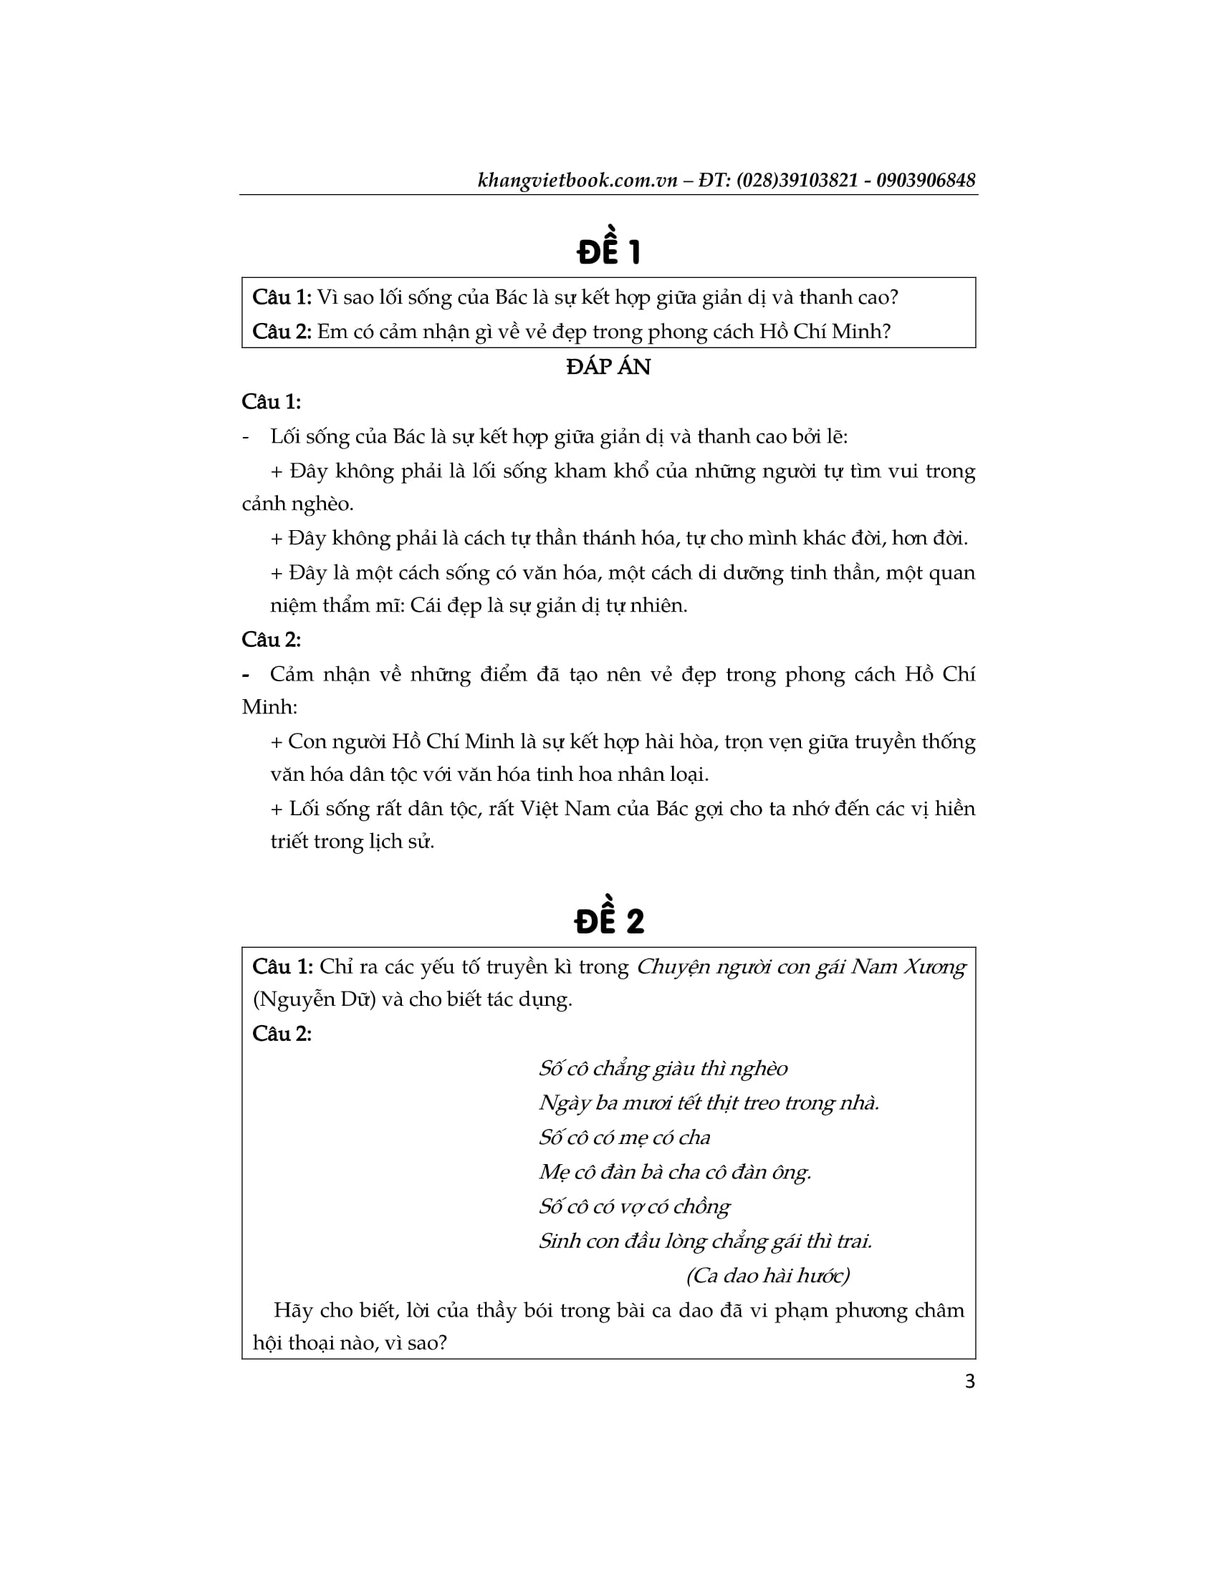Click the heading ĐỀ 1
pos(608,250)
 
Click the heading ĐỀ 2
pos(608,919)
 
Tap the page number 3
pos(970,1381)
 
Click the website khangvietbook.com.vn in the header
pos(577,181)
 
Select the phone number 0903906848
pos(926,181)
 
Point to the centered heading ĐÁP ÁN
pos(608,367)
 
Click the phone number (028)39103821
pos(797,181)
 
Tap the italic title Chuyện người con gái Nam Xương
pos(801,967)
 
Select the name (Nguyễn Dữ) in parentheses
pos(314,999)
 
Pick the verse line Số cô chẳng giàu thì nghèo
pos(663,1069)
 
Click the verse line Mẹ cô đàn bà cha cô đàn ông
pos(675,1172)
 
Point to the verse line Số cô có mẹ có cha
pos(624,1138)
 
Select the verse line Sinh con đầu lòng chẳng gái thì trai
pos(705,1241)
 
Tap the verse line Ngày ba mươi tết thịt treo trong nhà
pos(709,1103)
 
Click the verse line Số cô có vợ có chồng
pos(634,1206)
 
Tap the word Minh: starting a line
pos(269,706)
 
